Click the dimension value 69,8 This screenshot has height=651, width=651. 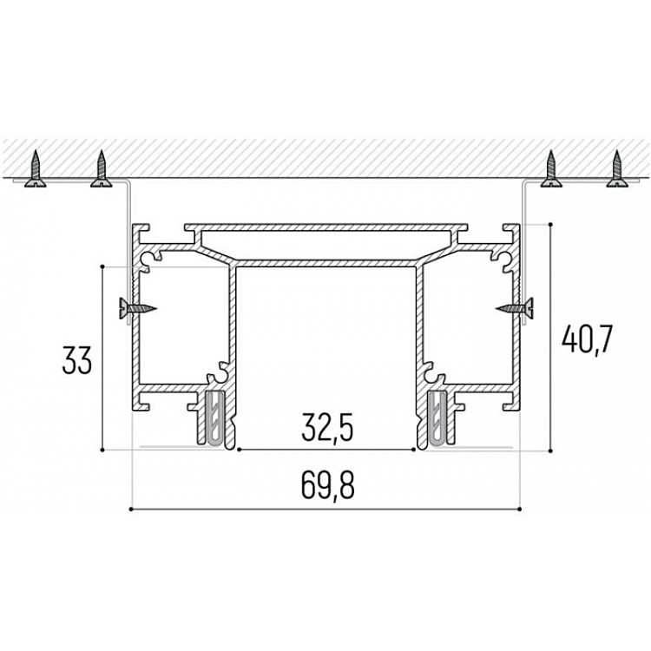coord(327,485)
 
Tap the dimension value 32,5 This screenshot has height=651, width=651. coord(327,428)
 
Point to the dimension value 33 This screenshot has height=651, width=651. coord(76,360)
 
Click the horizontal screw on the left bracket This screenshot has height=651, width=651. coord(138,308)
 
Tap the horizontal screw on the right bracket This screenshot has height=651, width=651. coord(515,308)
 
